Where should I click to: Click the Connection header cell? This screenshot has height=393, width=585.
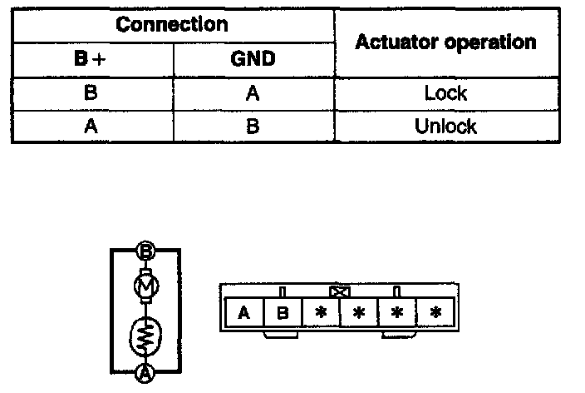click(172, 24)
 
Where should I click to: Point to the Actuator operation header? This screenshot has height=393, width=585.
click(445, 42)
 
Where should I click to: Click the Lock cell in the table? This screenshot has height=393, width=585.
click(445, 93)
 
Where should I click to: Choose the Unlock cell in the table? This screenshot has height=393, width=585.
click(445, 127)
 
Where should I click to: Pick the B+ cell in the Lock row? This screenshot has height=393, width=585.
click(91, 93)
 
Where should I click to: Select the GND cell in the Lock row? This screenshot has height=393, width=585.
click(253, 93)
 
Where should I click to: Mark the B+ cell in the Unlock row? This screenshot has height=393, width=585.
click(91, 127)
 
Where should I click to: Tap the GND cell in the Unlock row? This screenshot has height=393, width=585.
click(253, 127)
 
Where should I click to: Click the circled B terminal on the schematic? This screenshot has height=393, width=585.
click(145, 251)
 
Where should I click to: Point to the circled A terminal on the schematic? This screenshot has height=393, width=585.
click(145, 372)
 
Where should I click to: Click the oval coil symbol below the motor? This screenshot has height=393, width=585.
click(145, 337)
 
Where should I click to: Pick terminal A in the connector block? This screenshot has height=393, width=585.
click(244, 313)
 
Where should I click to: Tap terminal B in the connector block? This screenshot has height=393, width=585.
click(283, 313)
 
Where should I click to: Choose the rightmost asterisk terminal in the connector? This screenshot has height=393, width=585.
click(435, 313)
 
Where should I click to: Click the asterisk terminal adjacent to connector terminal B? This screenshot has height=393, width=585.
click(321, 313)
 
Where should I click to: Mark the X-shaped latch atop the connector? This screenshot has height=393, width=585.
click(339, 291)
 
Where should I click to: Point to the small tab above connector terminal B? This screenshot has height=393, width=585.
click(283, 291)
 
